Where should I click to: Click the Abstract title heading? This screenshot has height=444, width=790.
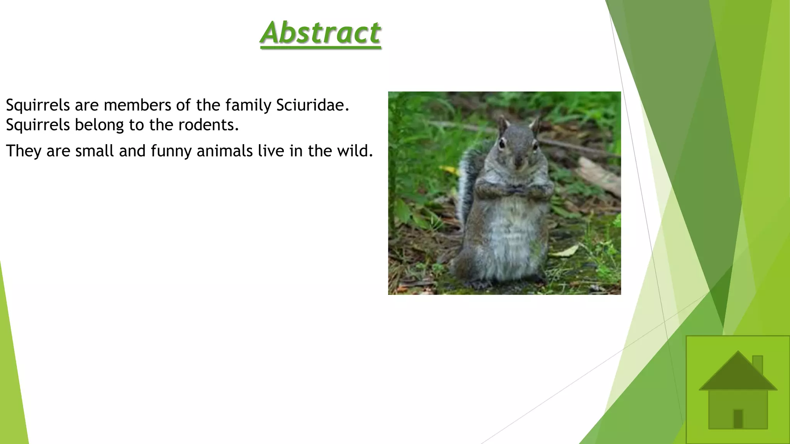click(x=321, y=33)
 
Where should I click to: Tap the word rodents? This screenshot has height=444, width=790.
click(x=208, y=125)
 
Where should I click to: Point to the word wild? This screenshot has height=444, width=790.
click(x=352, y=151)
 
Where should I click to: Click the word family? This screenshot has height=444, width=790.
click(x=248, y=105)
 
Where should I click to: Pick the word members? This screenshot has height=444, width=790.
click(x=137, y=105)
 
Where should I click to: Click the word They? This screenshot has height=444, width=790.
click(x=24, y=151)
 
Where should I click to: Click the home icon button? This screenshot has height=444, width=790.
click(x=738, y=389)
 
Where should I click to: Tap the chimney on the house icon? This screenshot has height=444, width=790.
click(x=758, y=364)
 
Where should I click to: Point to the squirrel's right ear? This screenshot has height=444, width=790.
click(x=534, y=124)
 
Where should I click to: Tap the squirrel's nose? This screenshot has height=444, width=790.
click(x=518, y=161)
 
